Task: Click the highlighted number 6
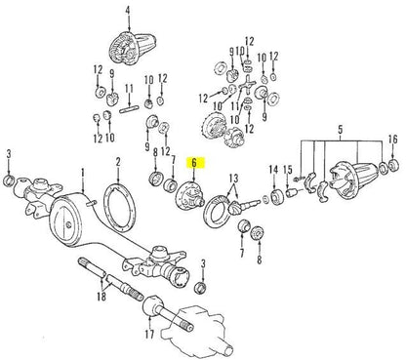click(194, 163)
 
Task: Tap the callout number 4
click(128, 11)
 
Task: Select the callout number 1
click(83, 172)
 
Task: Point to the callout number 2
click(118, 162)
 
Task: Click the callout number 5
click(341, 130)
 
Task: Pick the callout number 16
click(393, 140)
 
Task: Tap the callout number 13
click(233, 179)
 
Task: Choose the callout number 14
click(273, 170)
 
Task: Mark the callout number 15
click(288, 170)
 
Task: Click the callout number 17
click(149, 334)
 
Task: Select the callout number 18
click(101, 297)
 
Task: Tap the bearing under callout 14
click(277, 197)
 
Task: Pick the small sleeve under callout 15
click(292, 193)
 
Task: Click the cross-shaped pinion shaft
click(247, 85)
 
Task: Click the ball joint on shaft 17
click(152, 305)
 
